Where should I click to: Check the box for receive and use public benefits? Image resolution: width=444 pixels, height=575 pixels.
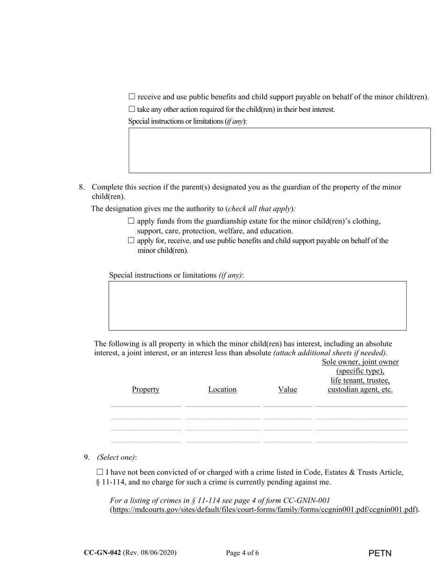click(132, 97)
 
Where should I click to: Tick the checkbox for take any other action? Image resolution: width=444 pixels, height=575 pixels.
click(132, 109)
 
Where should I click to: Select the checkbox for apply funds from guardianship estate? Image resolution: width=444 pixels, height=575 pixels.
click(131, 221)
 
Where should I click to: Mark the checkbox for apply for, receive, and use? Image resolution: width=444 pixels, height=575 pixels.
click(131, 240)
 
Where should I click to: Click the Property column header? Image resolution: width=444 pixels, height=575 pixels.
click(145, 389)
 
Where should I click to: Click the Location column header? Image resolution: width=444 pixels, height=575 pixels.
click(222, 389)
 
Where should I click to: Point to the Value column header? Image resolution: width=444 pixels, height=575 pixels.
click(287, 389)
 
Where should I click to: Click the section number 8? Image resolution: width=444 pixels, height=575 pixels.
click(81, 187)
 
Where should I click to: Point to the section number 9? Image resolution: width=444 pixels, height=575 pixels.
click(86, 457)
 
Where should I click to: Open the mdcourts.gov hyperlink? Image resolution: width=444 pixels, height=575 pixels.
click(264, 510)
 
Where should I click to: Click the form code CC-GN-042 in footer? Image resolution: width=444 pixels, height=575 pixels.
click(102, 553)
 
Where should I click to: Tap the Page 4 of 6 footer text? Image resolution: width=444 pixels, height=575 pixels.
click(242, 553)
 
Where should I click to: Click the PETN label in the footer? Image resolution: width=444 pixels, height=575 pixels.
click(380, 553)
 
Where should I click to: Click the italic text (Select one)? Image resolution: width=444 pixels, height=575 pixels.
click(116, 457)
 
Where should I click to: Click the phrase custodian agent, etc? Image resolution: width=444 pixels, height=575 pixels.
click(360, 389)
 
